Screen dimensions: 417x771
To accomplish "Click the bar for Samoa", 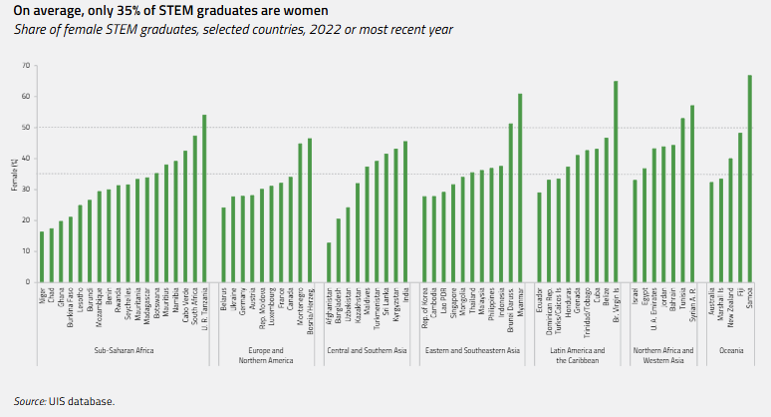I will (749, 179).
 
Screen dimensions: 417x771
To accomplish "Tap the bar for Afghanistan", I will (329, 262).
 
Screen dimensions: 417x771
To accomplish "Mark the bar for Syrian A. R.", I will (692, 194).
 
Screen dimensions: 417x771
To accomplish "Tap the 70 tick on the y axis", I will (24, 66).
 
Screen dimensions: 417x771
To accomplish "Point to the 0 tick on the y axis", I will (26, 282).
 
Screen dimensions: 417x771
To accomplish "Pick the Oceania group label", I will (730, 350).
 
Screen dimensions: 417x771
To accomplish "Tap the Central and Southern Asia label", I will (367, 350).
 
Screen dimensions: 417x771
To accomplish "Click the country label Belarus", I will (223, 298).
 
